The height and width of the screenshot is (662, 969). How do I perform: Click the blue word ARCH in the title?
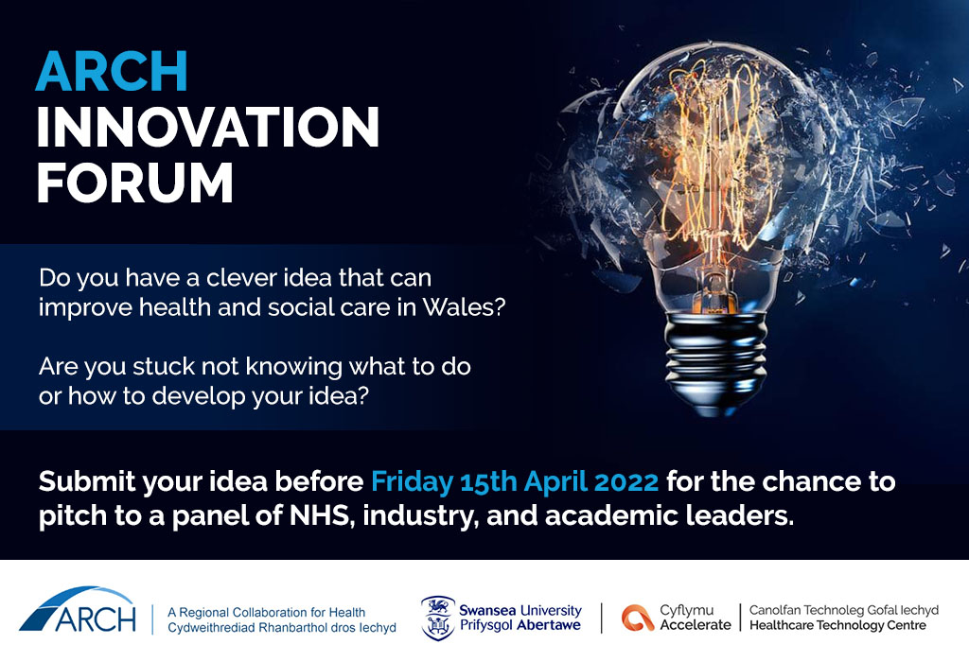112,71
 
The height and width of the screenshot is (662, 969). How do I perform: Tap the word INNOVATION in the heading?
207,127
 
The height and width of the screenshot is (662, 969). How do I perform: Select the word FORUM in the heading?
134,183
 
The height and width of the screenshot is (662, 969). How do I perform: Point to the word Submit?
86,481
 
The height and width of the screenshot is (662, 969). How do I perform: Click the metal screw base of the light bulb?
715,363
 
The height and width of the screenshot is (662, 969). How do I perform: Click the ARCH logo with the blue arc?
79,610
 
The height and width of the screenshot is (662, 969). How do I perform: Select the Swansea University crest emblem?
437,618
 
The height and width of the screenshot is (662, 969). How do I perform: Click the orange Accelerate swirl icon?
638,618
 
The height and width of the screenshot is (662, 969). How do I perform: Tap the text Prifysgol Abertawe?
520,625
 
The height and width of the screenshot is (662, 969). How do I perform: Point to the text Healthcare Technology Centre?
837,625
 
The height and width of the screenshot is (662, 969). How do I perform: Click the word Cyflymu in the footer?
686,611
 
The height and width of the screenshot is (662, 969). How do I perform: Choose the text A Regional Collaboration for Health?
266,613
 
